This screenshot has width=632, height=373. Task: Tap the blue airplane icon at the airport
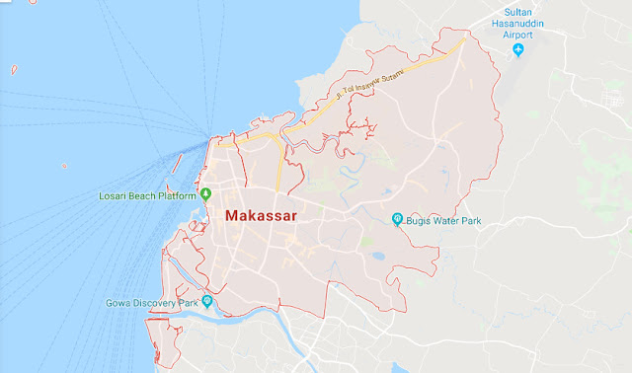pos(517,49)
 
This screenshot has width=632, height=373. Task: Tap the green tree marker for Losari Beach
pos(205,194)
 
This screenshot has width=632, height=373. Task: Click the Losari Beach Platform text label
pos(147,195)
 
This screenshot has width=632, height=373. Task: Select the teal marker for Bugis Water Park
pos(397,219)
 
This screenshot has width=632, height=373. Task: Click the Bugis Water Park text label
pos(445,219)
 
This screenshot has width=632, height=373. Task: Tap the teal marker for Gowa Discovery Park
pos(206,301)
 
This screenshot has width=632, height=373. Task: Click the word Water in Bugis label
pos(447,219)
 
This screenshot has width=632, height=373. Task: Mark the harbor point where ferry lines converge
pos(207,137)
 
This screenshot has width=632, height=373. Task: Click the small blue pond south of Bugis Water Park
pos(377,258)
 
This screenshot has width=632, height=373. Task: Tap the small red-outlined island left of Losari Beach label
pos(65,166)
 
